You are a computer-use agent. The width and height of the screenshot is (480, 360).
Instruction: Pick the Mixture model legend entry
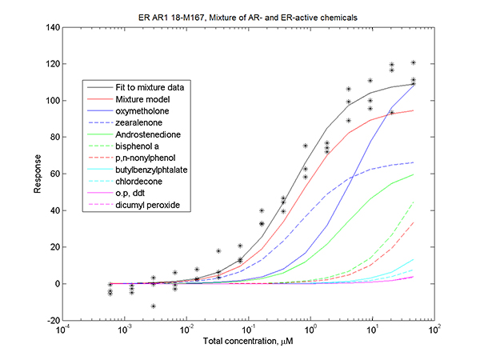point(141,98)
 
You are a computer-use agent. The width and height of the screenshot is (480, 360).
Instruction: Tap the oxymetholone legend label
point(142,110)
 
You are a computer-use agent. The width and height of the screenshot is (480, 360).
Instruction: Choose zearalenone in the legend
point(139,122)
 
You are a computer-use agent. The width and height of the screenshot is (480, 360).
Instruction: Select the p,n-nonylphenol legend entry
point(145,158)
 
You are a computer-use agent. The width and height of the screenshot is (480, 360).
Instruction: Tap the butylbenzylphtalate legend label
point(150,170)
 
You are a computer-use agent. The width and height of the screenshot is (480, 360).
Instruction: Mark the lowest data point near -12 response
point(153,306)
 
